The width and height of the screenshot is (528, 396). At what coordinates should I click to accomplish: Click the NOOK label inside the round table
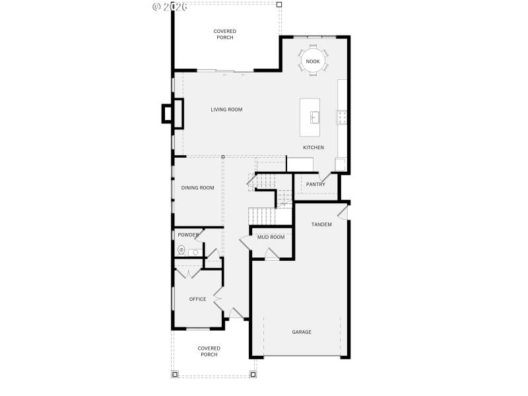coord(313,61)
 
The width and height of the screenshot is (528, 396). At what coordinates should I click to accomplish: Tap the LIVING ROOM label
coord(226,110)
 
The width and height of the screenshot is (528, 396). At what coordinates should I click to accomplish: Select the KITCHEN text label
coord(313,147)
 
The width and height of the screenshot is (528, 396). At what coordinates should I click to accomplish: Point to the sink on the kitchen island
coord(315,118)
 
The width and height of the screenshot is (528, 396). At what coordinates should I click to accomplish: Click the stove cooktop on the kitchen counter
coord(343,117)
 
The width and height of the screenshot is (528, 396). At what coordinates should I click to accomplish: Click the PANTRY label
coord(315,184)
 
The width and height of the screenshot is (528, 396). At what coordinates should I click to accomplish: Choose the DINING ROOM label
coord(198,188)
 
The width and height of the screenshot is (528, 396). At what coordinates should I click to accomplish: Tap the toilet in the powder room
coord(181,249)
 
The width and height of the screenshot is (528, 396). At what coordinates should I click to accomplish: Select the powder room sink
coord(195,252)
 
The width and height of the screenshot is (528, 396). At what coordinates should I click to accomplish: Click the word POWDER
coord(188,235)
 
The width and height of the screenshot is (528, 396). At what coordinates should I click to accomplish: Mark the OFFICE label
coord(198,299)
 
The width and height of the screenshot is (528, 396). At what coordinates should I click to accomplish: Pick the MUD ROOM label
coord(271,237)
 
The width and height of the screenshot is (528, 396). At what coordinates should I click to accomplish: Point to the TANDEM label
coord(321,224)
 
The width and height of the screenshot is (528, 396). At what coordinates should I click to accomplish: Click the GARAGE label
coord(302,332)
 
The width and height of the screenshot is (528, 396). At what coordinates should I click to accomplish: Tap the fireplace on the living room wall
coord(173,112)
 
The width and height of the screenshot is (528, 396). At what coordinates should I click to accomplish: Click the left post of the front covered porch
coord(175,374)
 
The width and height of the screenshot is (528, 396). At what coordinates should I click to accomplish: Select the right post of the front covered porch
coord(253,374)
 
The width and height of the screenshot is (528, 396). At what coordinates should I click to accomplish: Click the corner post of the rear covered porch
coord(279,5)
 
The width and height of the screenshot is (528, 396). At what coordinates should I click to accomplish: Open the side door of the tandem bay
coord(342,211)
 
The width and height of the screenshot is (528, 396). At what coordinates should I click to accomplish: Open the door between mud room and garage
coord(271,255)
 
